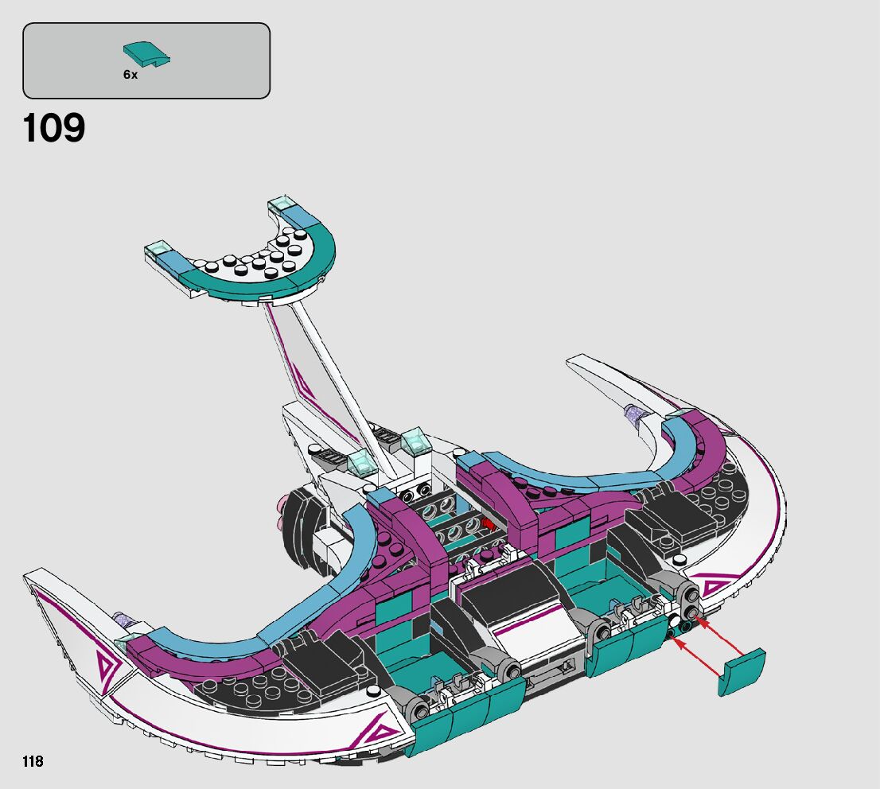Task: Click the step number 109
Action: (54, 129)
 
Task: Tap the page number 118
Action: (33, 762)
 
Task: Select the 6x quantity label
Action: (130, 74)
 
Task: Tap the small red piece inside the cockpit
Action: (485, 524)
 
